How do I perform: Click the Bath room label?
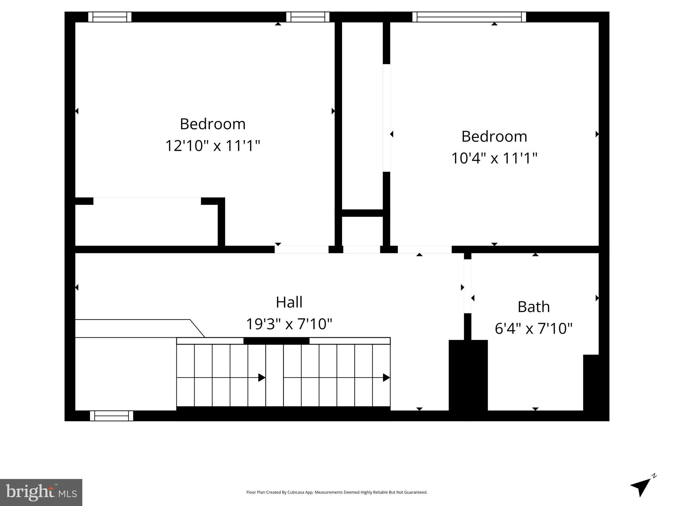(x=533, y=307)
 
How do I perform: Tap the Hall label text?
(x=289, y=302)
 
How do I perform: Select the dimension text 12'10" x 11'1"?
(x=213, y=146)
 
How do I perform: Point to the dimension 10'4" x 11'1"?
(x=494, y=158)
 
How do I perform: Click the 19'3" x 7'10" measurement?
(x=289, y=324)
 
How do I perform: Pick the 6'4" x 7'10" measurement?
(x=533, y=328)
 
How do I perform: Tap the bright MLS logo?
(x=41, y=492)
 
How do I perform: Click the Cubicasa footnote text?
(x=337, y=492)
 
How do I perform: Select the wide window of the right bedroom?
(x=469, y=17)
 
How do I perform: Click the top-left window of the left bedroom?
(x=110, y=17)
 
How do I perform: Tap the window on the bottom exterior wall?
(x=112, y=416)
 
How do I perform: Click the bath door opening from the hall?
(x=468, y=286)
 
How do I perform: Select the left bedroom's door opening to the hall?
(x=302, y=249)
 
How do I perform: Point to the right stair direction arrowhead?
(x=386, y=378)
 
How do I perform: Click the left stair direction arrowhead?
(x=262, y=378)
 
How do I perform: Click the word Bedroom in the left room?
(x=213, y=124)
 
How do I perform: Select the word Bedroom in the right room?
(x=494, y=137)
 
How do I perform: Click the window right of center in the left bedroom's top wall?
(x=308, y=17)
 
